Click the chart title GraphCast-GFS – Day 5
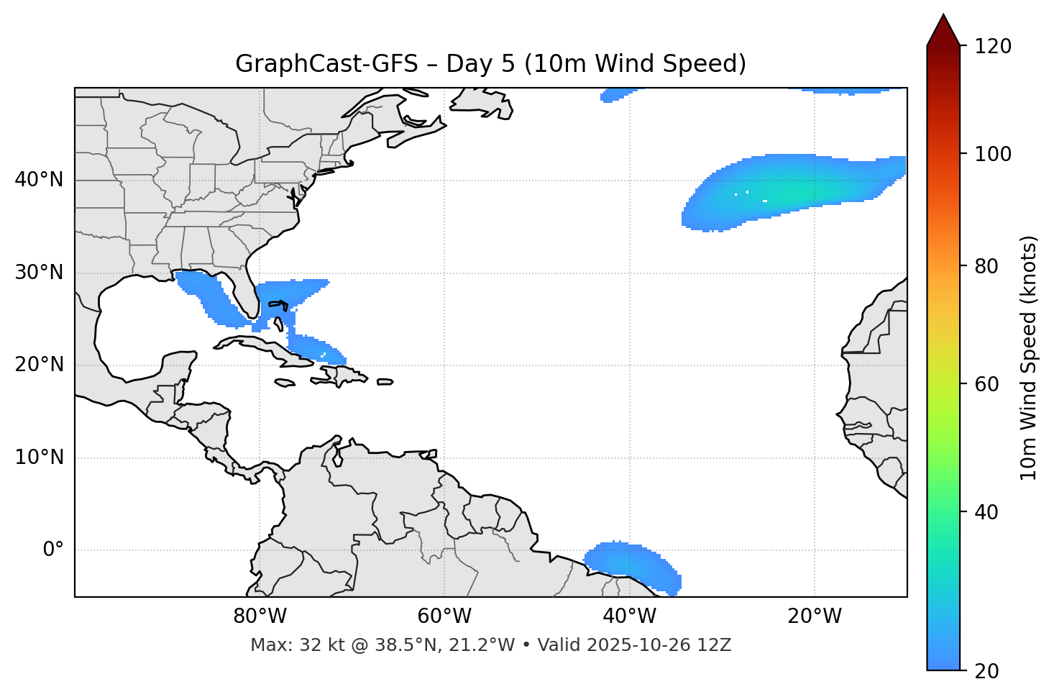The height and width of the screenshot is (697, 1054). click(x=490, y=64)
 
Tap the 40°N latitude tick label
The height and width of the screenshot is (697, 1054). click(x=39, y=180)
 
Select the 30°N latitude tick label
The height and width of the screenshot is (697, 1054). click(x=39, y=273)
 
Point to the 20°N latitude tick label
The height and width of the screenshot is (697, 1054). click(x=39, y=365)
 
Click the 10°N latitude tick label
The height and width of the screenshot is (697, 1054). click(x=39, y=457)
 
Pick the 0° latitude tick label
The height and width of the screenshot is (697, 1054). click(x=53, y=550)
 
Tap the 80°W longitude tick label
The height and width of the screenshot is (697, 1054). click(x=260, y=616)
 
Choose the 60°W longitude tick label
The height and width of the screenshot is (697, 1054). click(x=444, y=616)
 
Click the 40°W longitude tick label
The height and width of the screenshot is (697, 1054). click(x=629, y=616)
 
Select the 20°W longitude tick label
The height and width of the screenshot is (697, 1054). click(x=814, y=616)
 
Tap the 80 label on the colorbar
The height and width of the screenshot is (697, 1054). click(x=991, y=266)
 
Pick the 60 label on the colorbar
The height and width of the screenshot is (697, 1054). click(x=991, y=384)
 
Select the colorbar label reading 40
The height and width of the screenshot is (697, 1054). click(x=991, y=512)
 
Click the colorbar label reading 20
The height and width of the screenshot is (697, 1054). click(x=991, y=671)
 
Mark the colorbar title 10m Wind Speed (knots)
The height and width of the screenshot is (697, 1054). click(x=1029, y=357)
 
